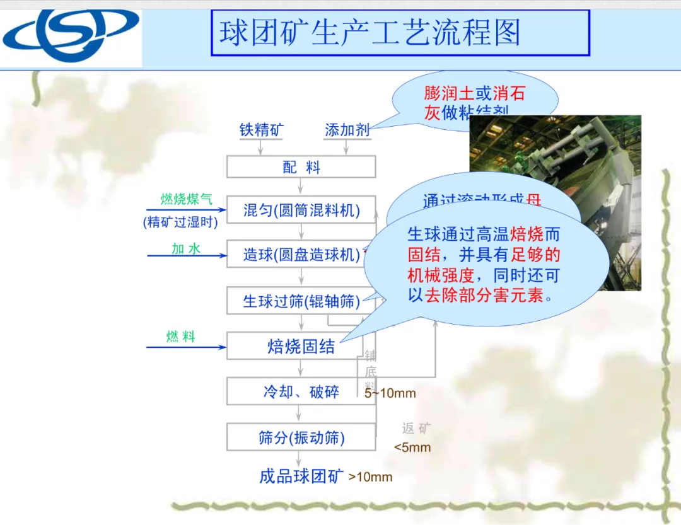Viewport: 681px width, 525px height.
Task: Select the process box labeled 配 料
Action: (301, 167)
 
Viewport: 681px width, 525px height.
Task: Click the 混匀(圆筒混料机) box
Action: (301, 211)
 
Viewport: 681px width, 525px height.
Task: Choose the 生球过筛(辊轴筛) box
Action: (301, 301)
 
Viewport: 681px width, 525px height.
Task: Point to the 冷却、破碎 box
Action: (301, 392)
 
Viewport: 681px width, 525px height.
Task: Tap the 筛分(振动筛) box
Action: (301, 437)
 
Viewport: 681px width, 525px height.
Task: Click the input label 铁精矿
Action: (261, 130)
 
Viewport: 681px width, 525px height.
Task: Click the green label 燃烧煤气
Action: (186, 200)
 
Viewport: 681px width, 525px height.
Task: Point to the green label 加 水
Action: (186, 249)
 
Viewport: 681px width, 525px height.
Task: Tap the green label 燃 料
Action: (181, 337)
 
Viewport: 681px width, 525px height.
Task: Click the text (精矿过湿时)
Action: (180, 222)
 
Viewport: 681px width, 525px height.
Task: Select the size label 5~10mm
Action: (390, 394)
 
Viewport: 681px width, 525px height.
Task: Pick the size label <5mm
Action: (412, 447)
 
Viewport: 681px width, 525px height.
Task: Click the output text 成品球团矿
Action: (302, 476)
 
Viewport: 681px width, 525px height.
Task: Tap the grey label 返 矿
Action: (417, 429)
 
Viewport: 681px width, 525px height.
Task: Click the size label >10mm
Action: (371, 477)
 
